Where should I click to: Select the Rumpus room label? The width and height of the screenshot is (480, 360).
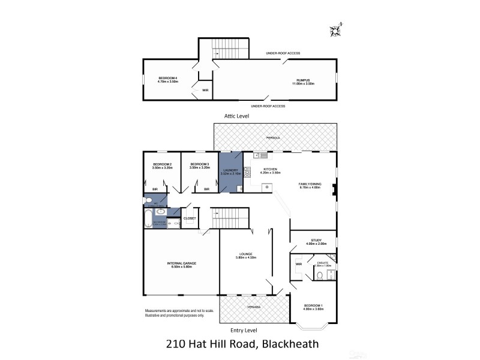click(x=302, y=80)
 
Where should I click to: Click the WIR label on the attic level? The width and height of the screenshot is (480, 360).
click(x=205, y=90)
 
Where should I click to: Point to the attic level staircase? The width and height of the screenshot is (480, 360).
click(x=226, y=48)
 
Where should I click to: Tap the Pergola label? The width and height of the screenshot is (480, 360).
click(x=274, y=137)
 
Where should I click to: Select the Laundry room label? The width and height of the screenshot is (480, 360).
click(x=230, y=170)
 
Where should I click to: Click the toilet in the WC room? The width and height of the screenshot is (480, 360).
click(x=146, y=200)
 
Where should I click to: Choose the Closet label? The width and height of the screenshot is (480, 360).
click(x=190, y=218)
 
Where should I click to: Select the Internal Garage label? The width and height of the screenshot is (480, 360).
click(x=181, y=263)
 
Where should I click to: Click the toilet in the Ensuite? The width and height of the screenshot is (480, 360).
click(x=321, y=275)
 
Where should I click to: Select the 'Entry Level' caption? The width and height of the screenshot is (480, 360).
click(x=244, y=329)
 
